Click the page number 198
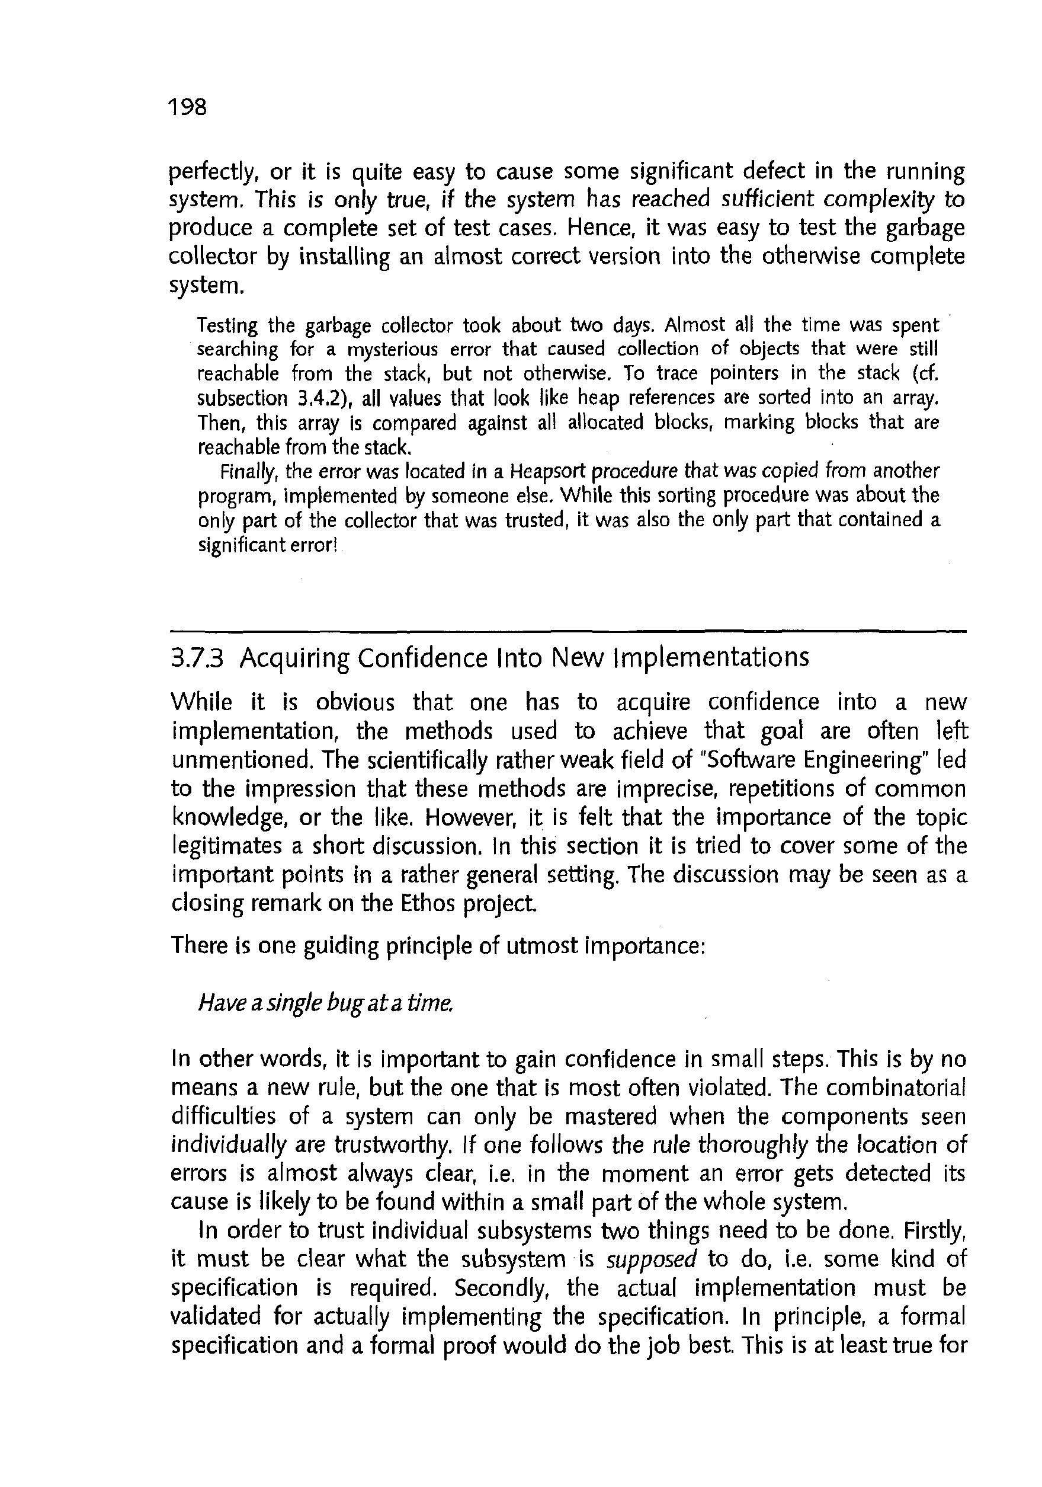click(x=187, y=106)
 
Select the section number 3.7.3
click(x=197, y=658)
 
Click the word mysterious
click(x=394, y=350)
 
